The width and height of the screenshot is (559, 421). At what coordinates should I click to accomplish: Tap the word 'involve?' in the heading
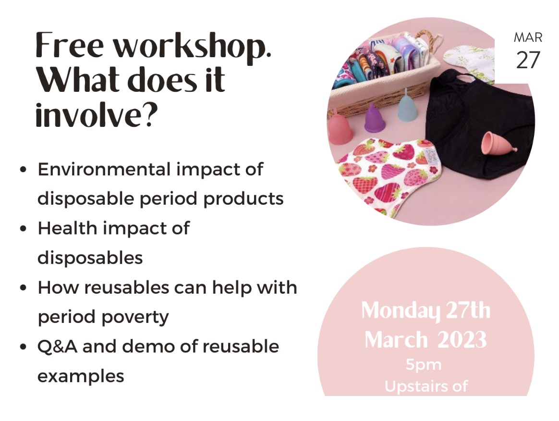point(96,114)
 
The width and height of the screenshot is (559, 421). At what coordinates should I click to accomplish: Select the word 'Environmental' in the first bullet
point(104,169)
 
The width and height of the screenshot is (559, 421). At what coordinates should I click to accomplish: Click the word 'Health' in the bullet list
point(67,228)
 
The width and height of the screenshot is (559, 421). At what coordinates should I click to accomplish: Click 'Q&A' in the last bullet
point(57,347)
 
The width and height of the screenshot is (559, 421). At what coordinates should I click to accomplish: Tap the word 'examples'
point(81,376)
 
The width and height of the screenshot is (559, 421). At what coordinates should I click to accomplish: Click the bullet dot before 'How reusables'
point(23,287)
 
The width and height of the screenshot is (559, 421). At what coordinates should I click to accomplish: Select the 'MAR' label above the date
point(528,37)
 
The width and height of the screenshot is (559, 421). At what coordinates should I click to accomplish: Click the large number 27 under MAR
point(528,60)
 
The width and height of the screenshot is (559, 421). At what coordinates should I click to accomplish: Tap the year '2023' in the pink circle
point(462,340)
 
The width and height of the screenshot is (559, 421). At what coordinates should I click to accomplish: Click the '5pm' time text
point(424,365)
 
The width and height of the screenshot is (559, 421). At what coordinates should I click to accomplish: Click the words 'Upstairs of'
point(426,386)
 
